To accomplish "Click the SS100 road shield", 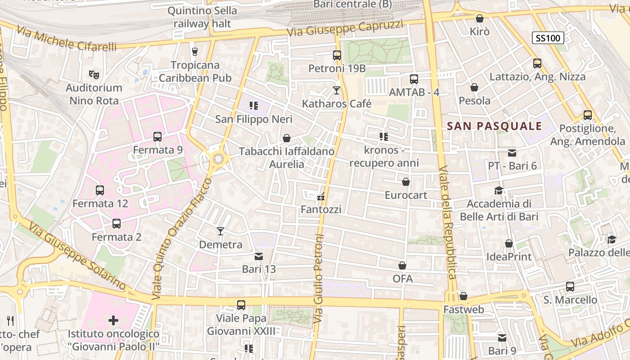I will pos(548,38).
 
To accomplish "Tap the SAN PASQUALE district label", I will pos(495,126).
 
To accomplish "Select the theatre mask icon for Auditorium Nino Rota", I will pos(94,74).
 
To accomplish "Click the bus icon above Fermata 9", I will pos(157,136).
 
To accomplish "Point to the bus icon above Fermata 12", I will pos(100,190).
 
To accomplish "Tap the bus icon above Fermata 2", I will pos(116,223).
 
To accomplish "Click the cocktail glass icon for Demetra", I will pos(220,231).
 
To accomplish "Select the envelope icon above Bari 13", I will pos(259,256).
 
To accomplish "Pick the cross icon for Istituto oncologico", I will pos(113,320).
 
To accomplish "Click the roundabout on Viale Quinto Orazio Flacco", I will pos(219,158).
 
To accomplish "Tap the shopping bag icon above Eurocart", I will pos(406,182).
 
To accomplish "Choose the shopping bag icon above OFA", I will pos(402,265).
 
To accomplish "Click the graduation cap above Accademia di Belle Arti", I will pos(499,190).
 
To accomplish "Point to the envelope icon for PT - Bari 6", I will pos(512,153).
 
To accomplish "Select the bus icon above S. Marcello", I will pos(570,286).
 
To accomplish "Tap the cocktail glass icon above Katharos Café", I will pos(336,90).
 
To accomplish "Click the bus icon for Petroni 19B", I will pos(337,55).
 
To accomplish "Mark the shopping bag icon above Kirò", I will pos(479,18).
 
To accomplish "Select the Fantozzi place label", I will pos(321,209).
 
